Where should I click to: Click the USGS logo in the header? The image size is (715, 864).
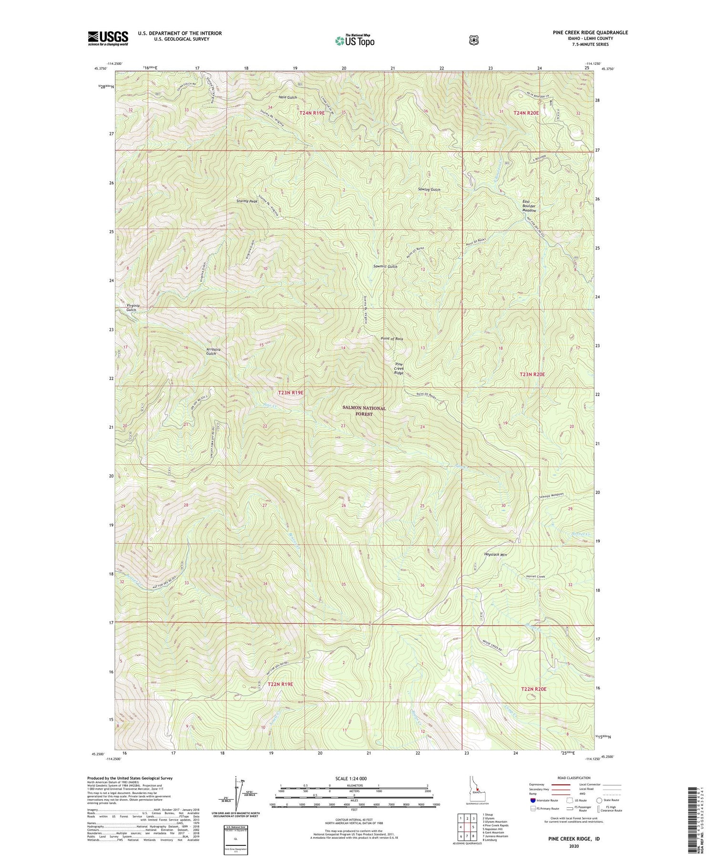click(x=108, y=38)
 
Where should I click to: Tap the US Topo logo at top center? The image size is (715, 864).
click(x=355, y=41)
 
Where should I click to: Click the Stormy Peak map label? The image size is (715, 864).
click(x=247, y=202)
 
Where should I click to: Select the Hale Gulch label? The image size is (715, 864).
click(x=287, y=97)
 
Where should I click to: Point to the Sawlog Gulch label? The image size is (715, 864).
click(x=429, y=190)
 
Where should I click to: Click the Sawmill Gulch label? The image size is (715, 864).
click(x=385, y=266)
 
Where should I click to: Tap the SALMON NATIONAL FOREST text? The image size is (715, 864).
click(x=364, y=411)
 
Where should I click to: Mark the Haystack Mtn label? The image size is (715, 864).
click(x=495, y=555)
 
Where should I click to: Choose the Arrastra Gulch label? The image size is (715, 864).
click(x=211, y=351)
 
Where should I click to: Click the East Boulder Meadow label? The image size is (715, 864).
click(x=528, y=206)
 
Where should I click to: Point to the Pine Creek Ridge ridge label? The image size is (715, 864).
click(x=399, y=368)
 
